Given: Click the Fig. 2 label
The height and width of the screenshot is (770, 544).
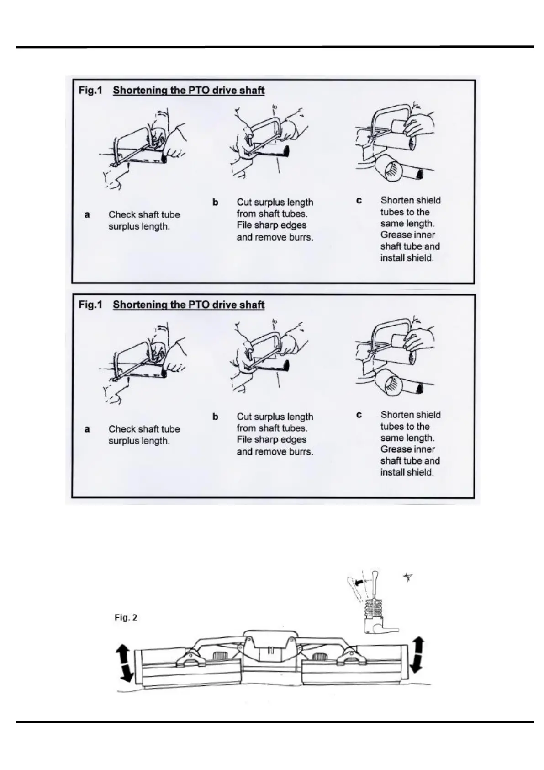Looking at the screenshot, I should click(x=126, y=618).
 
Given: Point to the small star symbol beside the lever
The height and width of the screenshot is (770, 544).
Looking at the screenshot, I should click(x=408, y=578).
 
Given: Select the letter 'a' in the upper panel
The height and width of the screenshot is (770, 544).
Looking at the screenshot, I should click(x=87, y=214).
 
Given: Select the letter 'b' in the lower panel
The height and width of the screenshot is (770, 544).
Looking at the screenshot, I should click(x=215, y=417).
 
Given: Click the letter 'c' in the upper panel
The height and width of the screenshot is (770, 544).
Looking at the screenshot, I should click(x=359, y=200).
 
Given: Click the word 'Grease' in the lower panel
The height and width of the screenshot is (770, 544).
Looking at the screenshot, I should click(x=396, y=449).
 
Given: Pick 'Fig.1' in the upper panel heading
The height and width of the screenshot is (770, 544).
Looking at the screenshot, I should click(x=90, y=90).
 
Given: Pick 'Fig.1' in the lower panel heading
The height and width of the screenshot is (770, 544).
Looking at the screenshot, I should click(x=90, y=305).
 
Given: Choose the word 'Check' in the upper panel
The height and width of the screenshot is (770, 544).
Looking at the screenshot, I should click(x=122, y=214).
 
